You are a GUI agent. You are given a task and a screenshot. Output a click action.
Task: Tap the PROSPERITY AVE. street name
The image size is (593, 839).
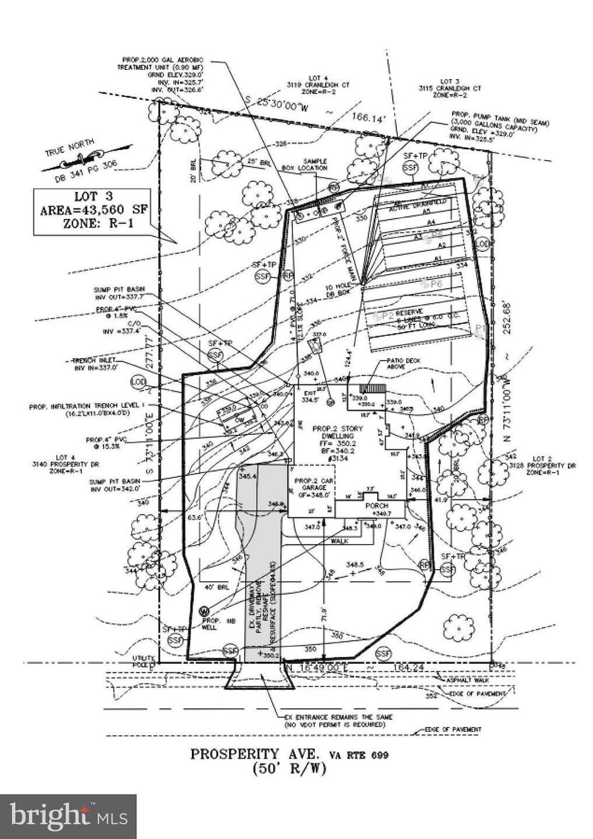pos(255,754)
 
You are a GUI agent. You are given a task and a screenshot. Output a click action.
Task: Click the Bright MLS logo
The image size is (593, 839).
pos(68,816)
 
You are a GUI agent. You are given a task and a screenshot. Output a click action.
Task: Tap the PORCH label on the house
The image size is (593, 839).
pos(377,506)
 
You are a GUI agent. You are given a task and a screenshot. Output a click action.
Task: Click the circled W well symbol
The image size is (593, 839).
pos(204,611)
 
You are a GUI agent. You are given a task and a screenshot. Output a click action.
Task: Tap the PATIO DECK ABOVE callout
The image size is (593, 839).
pos(403,364)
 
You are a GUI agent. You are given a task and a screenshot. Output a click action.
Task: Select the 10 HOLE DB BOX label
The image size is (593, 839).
pos(337,291)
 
